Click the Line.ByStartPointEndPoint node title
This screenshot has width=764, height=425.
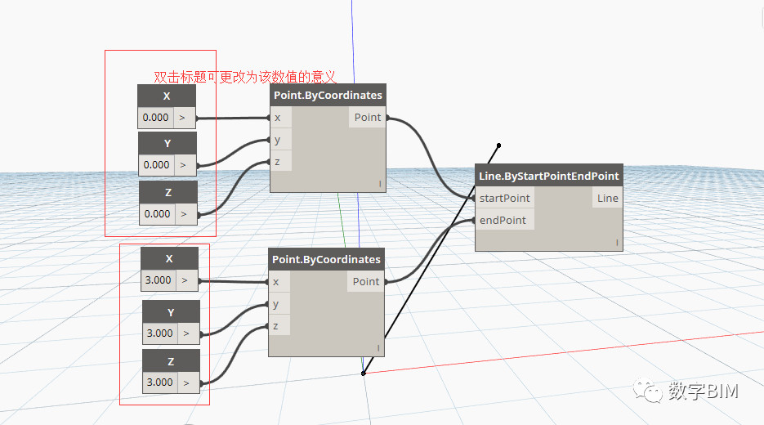[x=548, y=176]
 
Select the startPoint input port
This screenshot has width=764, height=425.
[x=504, y=198]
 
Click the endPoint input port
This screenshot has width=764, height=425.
[x=503, y=220]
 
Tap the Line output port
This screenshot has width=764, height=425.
[x=607, y=198]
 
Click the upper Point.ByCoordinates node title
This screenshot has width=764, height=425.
[x=328, y=96]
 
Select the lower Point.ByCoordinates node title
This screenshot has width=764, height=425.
[x=326, y=259]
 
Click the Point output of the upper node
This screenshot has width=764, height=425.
[x=368, y=118]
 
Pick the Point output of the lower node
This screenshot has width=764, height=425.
[x=366, y=281]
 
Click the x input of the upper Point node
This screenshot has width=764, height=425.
[x=278, y=118]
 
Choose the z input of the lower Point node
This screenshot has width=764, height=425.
[x=276, y=326]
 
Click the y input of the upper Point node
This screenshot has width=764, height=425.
[x=278, y=140]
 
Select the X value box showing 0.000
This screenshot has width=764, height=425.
[x=156, y=118]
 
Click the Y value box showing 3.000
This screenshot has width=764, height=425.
[x=159, y=333]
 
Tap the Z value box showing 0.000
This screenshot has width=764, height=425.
[x=157, y=214]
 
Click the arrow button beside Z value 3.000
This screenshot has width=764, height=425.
[x=186, y=382]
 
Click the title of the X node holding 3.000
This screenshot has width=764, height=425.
[x=169, y=259]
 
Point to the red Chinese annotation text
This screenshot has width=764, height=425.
[x=245, y=77]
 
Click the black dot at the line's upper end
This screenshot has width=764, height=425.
[x=498, y=145]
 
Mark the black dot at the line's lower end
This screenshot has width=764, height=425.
[x=364, y=374]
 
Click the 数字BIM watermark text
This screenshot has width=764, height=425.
[x=703, y=391]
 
